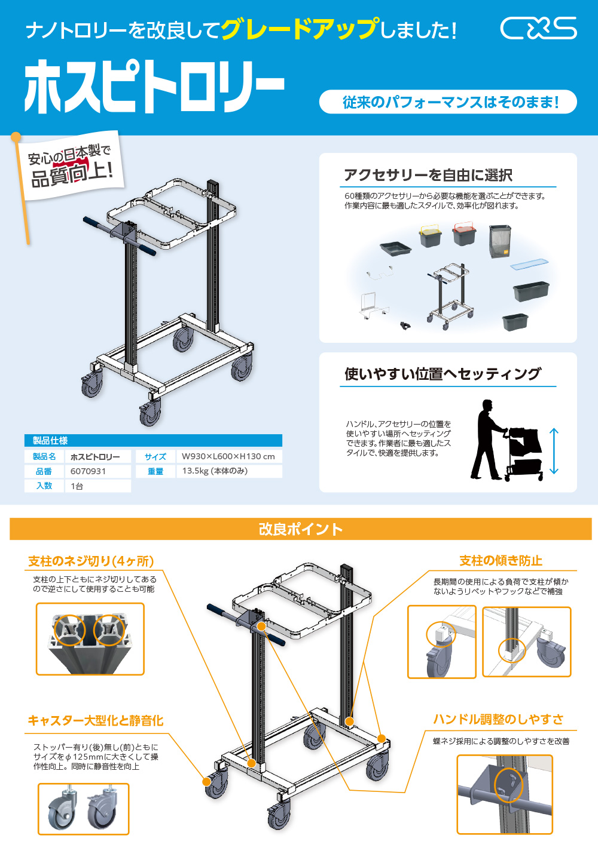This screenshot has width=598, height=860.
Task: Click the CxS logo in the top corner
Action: [538, 28]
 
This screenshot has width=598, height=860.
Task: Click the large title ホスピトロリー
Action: [154, 86]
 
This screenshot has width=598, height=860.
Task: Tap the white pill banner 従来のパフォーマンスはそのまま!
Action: [448, 102]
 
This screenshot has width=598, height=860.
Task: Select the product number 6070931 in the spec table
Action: [88, 471]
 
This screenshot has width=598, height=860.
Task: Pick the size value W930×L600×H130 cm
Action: [228, 456]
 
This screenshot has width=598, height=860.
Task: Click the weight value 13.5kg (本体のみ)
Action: [215, 471]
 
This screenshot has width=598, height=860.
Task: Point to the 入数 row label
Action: [44, 486]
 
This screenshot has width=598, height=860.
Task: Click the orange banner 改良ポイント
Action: [300, 529]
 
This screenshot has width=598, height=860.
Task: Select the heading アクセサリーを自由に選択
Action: [428, 175]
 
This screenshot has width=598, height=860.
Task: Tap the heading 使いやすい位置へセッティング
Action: [443, 374]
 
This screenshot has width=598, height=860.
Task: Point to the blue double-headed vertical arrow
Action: [554, 451]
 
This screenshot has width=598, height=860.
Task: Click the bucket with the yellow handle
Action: [430, 235]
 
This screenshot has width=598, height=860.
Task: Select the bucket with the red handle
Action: [464, 234]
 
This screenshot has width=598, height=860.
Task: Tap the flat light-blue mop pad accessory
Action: [529, 263]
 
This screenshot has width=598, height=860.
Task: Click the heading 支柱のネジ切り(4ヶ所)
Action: [91, 561]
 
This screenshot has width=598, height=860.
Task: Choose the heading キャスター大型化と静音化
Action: [96, 721]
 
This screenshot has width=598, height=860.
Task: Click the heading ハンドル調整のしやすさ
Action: [498, 720]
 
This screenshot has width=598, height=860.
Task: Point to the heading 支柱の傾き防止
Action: [501, 561]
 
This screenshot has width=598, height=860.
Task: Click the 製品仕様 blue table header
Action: [50, 441]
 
